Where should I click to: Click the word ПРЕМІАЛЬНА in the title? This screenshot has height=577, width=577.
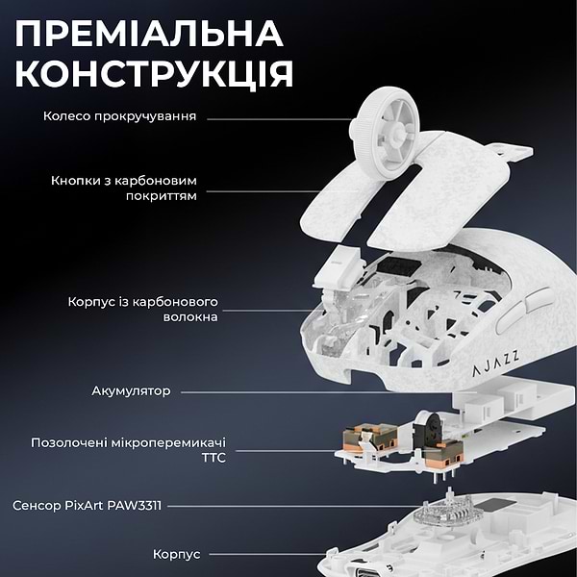[x=151, y=34]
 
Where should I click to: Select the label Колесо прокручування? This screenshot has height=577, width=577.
[x=120, y=116]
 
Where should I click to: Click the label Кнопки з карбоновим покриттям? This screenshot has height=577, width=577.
[x=124, y=187]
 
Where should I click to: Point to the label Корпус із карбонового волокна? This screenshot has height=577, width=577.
[x=143, y=309]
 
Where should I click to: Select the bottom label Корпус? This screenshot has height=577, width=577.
[x=176, y=555]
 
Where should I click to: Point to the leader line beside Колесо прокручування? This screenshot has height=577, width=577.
[x=279, y=118]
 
